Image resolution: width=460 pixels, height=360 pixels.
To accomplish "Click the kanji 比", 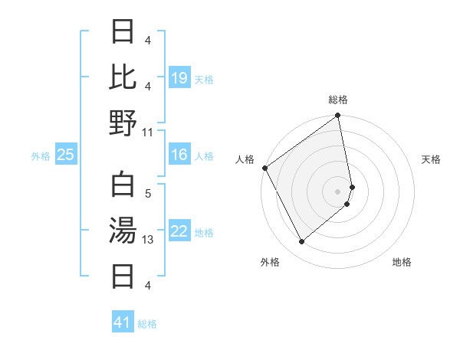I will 123,77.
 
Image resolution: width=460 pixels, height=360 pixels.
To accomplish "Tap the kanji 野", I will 123,123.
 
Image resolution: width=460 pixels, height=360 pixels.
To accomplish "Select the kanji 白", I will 123,185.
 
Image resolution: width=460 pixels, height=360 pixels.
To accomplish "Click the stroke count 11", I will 148,132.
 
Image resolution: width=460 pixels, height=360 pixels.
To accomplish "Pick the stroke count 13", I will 148,240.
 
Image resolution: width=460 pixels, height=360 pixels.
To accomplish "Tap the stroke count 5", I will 148,195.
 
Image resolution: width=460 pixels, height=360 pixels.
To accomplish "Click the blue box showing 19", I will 179,78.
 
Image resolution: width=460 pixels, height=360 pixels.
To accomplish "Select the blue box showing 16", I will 179,155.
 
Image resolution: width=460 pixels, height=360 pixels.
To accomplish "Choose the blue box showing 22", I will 179,231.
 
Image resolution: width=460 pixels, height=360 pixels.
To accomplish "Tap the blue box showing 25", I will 66,155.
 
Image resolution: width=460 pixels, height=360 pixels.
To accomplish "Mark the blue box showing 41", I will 123,322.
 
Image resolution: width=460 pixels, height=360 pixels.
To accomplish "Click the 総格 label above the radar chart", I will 338,100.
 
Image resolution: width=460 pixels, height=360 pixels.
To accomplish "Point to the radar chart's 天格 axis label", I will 432,159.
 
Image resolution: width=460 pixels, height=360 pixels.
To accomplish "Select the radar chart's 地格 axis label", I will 402,262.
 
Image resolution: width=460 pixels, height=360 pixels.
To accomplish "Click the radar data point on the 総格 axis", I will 338,116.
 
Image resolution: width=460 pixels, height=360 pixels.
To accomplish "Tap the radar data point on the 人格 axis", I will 264,168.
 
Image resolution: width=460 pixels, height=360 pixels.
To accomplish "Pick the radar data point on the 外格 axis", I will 301,242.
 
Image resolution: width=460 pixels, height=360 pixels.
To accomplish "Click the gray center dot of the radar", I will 338,191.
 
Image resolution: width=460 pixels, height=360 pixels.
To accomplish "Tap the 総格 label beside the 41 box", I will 147,324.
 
